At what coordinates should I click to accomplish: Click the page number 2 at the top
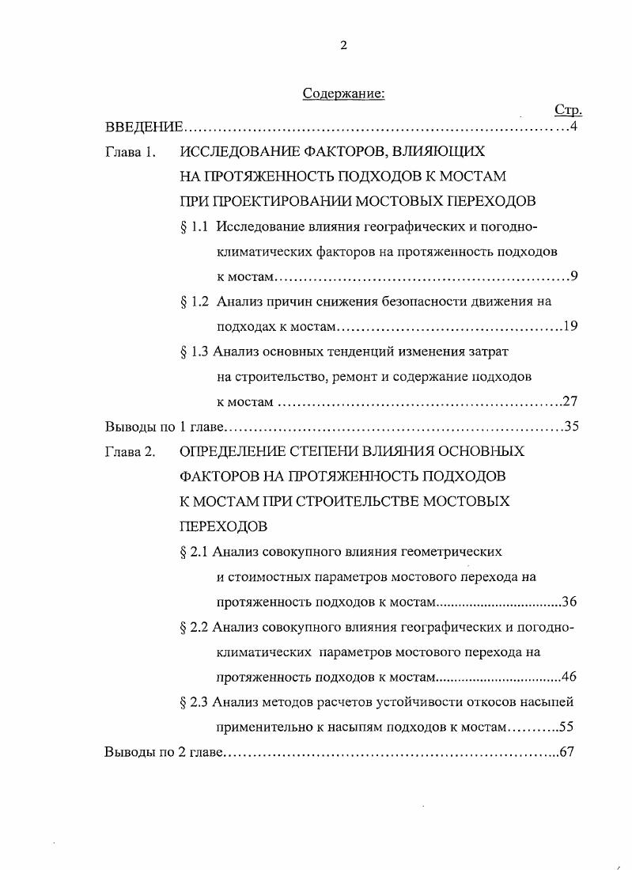[x=343, y=45]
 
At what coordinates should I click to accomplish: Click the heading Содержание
[x=343, y=94]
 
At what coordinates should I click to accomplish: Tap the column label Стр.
[x=569, y=110]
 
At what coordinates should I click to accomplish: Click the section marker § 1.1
[x=195, y=226]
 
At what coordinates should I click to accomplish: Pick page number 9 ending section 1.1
[x=574, y=276]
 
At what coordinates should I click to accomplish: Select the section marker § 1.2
[x=195, y=302]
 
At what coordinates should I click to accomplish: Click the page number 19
[x=570, y=327]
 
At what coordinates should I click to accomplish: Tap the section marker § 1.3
[x=195, y=351]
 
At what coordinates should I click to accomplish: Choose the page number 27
[x=570, y=401]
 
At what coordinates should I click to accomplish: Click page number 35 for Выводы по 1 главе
[x=571, y=427]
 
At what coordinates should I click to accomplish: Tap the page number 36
[x=569, y=602]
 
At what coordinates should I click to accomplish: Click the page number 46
[x=569, y=677]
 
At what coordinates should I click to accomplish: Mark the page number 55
[x=566, y=727]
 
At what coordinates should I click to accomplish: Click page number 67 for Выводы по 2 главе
[x=566, y=751]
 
